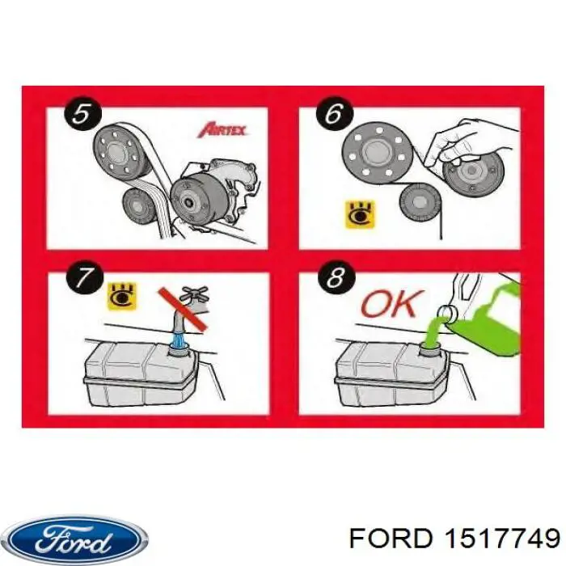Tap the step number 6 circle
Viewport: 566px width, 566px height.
333,114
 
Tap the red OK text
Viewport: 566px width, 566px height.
391,305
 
